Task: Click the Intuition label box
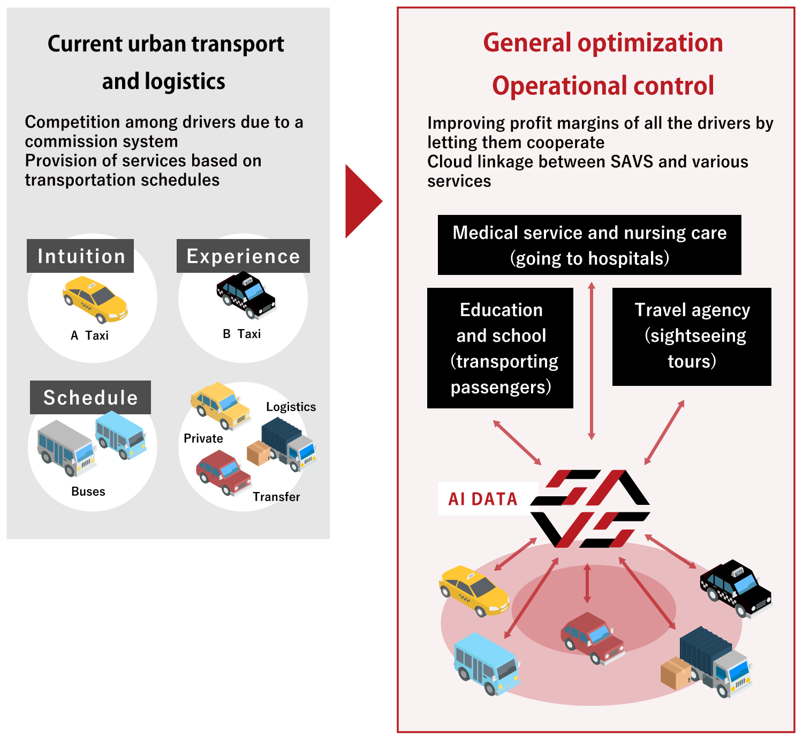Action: click(80, 256)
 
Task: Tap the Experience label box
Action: click(243, 256)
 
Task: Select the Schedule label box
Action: click(90, 398)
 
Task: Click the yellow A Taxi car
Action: click(95, 300)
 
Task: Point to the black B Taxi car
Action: click(246, 294)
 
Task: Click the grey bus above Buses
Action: click(66, 448)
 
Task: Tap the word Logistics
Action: click(291, 407)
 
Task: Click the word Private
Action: click(203, 438)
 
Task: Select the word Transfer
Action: click(276, 497)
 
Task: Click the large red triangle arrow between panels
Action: click(362, 202)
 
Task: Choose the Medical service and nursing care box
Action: click(589, 245)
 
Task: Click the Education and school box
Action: click(500, 348)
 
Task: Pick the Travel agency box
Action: click(692, 337)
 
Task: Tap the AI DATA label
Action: click(483, 499)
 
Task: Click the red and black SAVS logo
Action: click(590, 509)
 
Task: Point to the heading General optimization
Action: click(603, 43)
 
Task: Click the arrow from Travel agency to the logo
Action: click(664, 432)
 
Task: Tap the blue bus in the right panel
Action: click(486, 664)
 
